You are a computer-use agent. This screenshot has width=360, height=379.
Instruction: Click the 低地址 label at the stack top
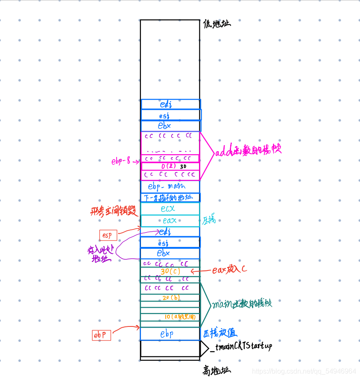[217, 23]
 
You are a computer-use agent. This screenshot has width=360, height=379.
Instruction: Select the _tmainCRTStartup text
[241, 347]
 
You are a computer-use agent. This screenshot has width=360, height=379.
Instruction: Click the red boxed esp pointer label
[108, 235]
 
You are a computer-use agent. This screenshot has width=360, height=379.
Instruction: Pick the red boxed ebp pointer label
[102, 335]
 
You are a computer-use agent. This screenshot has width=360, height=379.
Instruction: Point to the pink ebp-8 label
[122, 162]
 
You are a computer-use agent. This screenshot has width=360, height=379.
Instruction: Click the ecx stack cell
[169, 209]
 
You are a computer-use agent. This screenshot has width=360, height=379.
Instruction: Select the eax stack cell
[169, 221]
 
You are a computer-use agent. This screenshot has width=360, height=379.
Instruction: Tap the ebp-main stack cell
[169, 187]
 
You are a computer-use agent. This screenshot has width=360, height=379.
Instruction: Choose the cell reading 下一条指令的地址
[169, 197]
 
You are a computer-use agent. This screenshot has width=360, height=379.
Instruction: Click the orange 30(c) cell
[170, 271]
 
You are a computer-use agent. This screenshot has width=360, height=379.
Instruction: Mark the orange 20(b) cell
[170, 297]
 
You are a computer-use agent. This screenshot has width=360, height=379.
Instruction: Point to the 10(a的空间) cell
[179, 317]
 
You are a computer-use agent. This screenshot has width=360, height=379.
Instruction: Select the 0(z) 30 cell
[170, 166]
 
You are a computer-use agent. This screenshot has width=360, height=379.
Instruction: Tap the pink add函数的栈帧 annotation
[248, 152]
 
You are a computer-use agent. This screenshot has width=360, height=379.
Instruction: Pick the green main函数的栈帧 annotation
[241, 304]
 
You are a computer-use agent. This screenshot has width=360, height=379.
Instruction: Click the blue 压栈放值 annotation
[219, 333]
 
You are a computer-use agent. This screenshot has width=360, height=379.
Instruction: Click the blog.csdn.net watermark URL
[304, 371]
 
